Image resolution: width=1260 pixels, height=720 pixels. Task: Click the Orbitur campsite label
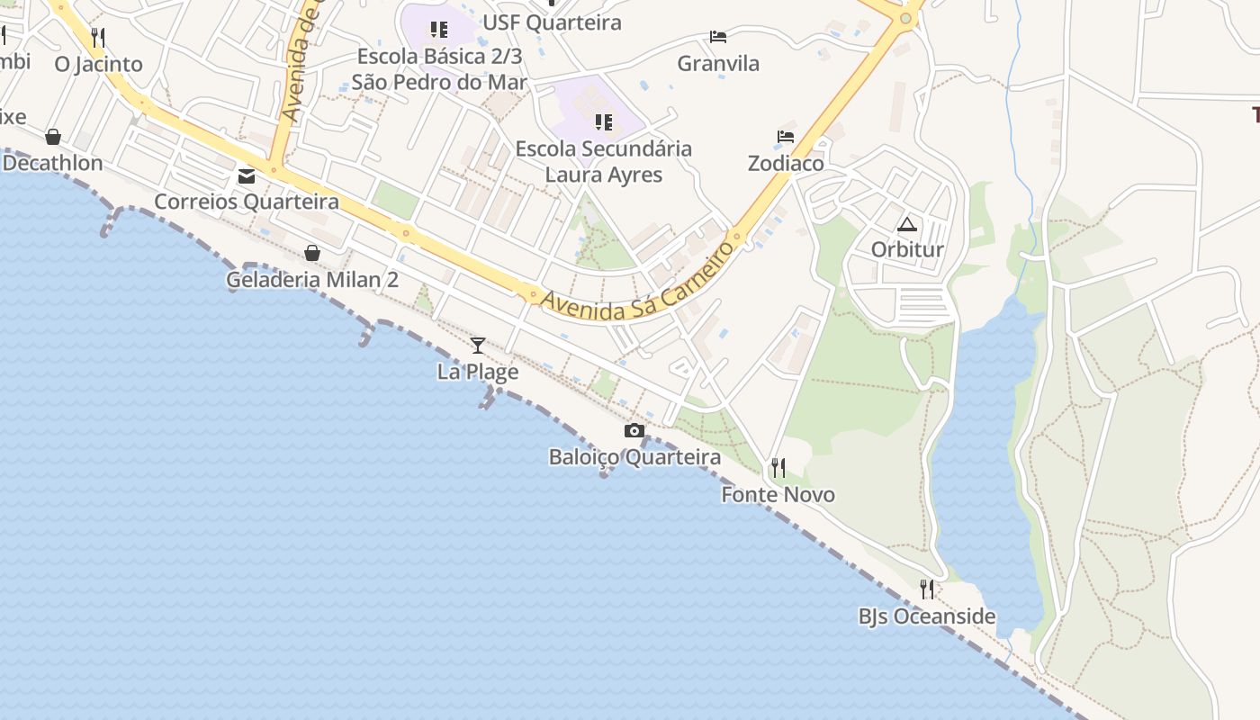tap(907, 249)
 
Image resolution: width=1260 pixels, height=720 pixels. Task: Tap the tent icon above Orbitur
tap(906, 224)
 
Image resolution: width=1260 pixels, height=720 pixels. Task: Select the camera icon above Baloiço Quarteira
tap(634, 431)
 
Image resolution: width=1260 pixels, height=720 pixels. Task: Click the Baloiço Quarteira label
tap(634, 457)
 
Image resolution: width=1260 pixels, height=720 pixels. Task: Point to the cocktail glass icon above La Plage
tap(478, 345)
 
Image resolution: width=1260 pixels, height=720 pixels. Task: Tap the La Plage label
tap(478, 371)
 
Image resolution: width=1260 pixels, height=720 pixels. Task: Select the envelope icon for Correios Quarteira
tap(247, 176)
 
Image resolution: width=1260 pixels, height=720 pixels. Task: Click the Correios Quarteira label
tap(247, 202)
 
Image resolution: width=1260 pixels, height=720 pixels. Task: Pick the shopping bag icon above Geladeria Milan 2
tap(312, 253)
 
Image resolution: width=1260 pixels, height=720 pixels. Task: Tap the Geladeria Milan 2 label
tap(312, 279)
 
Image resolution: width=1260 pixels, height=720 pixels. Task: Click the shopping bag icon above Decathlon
tap(53, 137)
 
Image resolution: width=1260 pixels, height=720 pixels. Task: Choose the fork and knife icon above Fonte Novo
tap(778, 468)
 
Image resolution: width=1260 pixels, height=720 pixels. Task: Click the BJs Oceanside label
tap(927, 616)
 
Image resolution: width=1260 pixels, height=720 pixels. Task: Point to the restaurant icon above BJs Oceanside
tap(927, 589)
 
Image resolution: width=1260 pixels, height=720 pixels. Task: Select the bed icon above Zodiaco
tap(786, 137)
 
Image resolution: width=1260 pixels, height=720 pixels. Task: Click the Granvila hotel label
tap(718, 63)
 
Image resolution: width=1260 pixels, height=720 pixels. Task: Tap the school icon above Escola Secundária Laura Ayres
tap(604, 121)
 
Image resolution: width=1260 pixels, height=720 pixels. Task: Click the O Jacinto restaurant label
tap(98, 64)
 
